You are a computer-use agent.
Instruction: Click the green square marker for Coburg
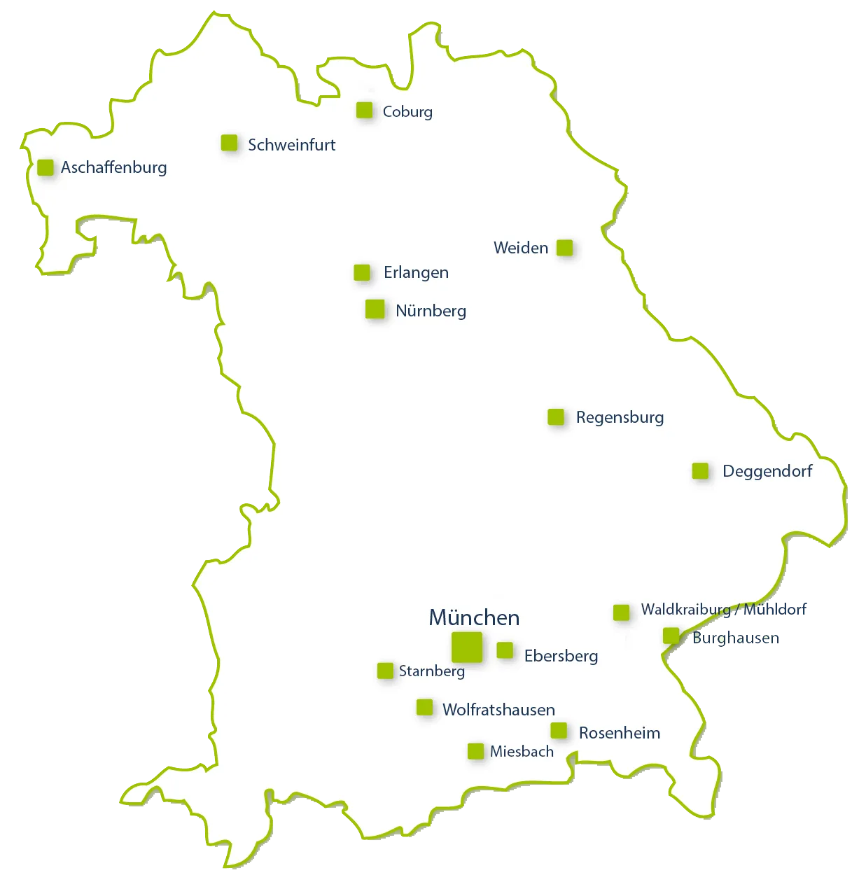pos(364,110)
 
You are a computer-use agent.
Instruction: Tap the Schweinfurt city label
pos(291,145)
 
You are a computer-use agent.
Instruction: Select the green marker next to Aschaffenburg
pos(46,167)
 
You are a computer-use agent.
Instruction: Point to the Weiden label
pos(520,248)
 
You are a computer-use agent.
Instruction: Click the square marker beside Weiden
pos(564,248)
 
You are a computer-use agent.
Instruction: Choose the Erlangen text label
pos(416,272)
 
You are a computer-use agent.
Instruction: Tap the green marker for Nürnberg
pos(375,309)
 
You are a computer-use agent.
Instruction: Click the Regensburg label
pos(620,417)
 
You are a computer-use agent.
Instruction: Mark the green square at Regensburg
pos(556,417)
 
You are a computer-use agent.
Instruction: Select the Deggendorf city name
pos(767,471)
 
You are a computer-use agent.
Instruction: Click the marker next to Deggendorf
pos(700,471)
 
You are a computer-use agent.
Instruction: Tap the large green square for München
pos(467,647)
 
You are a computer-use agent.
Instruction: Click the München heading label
pos(474,617)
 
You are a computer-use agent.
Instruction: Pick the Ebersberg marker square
pos(505,650)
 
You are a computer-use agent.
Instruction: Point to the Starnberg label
pos(431,671)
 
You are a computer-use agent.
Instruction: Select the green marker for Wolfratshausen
pos(424,707)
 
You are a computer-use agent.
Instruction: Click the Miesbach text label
pos(522,752)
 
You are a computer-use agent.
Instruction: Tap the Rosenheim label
pos(619,733)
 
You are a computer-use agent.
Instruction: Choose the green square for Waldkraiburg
pos(621,612)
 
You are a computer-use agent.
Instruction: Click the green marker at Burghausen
pos(671,636)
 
